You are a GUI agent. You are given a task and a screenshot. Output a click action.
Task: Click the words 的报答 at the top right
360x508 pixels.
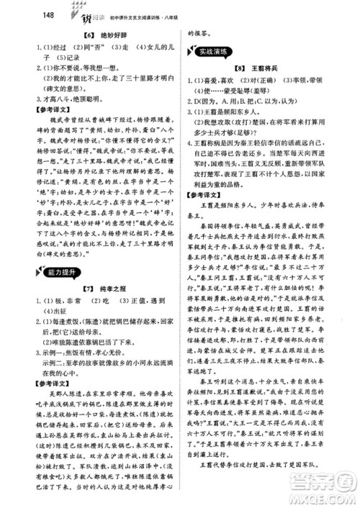tap(202, 32)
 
